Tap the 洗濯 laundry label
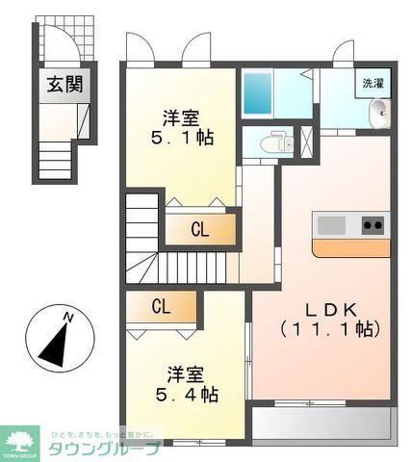pos(372,83)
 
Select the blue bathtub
pos(259,94)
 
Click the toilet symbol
pos(273,141)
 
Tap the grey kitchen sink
pos(331,225)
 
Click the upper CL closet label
pos(199,230)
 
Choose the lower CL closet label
pos(161,307)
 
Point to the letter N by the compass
pos(66,316)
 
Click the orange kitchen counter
pos(351,247)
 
